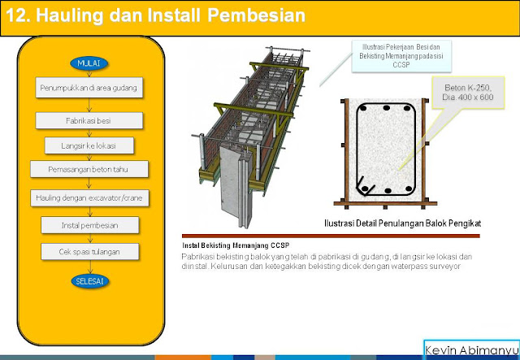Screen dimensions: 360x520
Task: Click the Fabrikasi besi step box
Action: [x=89, y=119]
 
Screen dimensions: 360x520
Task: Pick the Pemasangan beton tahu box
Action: [x=89, y=169]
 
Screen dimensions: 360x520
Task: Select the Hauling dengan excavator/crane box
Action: [x=89, y=197]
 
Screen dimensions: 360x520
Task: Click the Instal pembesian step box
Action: [x=89, y=223]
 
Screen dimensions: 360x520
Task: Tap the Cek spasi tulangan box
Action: [x=89, y=251]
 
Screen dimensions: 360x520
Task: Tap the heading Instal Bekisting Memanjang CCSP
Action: [x=236, y=245]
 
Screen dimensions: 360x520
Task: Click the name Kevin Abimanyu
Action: [x=471, y=349]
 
